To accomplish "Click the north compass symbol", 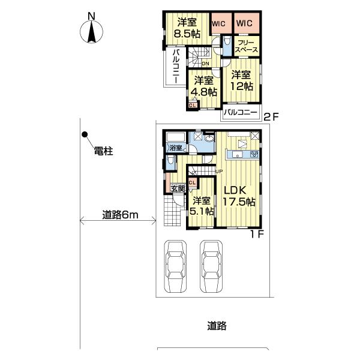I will [92, 31].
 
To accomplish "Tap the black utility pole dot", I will [85, 134].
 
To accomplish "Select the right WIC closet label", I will [244, 23].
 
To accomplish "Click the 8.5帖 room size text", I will [184, 34].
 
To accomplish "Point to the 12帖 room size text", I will [241, 87].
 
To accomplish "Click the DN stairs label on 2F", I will [205, 64].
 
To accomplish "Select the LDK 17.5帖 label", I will [239, 196].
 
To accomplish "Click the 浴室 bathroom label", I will [175, 148].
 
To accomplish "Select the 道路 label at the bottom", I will [217, 326].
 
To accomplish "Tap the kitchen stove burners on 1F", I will [254, 155].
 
